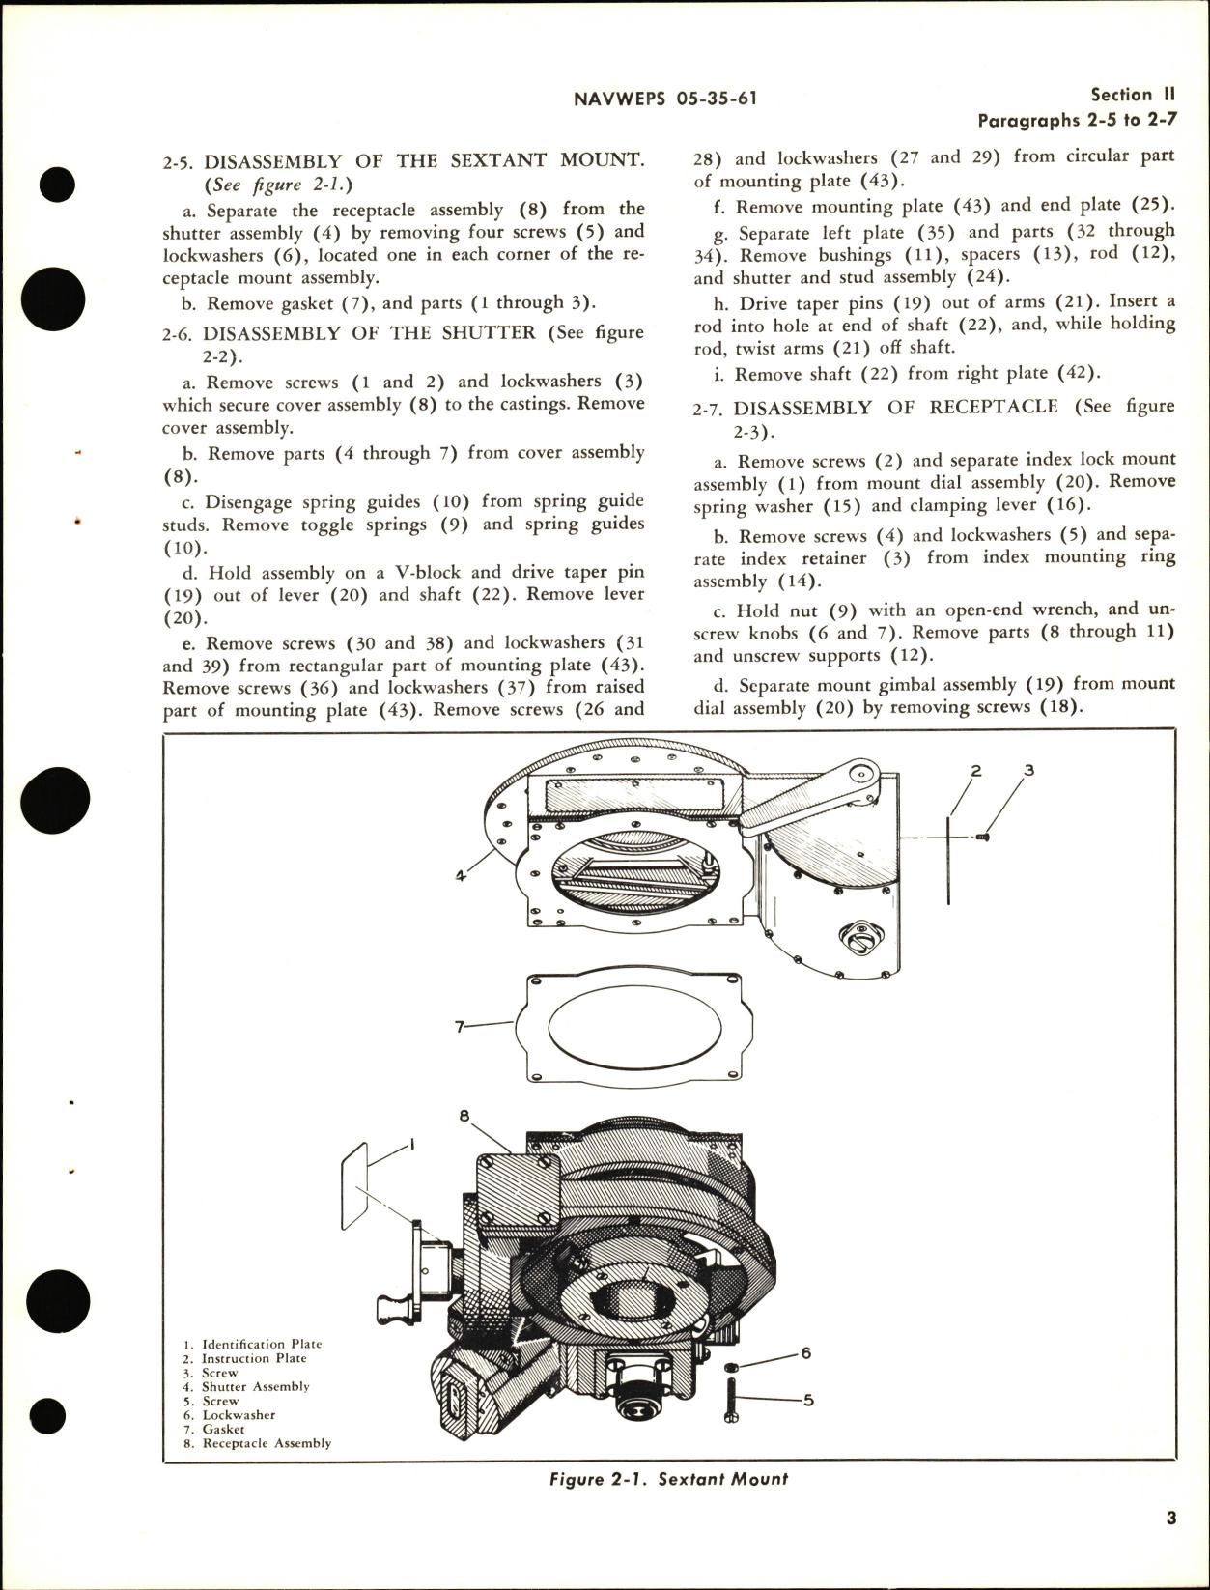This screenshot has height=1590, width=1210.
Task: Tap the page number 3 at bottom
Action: click(1170, 1519)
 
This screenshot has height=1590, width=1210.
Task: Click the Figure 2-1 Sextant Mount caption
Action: click(668, 1479)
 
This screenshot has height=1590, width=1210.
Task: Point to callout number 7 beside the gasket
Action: click(461, 1027)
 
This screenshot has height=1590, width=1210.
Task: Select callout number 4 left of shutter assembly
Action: click(461, 876)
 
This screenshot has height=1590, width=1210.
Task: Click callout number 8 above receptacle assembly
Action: click(464, 1115)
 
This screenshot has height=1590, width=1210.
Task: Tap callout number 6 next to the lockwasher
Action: click(806, 1353)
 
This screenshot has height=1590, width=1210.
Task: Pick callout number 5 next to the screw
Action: click(808, 1399)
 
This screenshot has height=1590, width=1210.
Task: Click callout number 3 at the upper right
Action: click(1029, 771)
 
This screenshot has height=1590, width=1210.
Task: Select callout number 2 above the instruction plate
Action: click(976, 771)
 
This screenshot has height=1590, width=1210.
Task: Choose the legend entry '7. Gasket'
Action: click(214, 1429)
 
